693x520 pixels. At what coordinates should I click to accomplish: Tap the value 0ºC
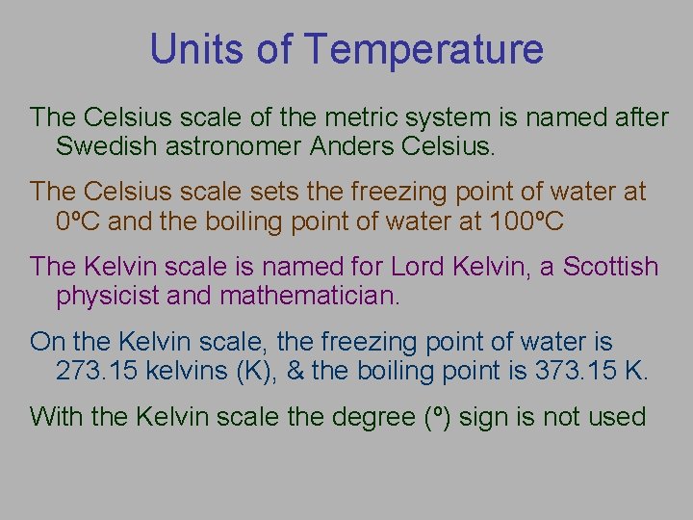click(x=82, y=221)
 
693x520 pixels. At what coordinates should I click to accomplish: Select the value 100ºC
click(x=526, y=221)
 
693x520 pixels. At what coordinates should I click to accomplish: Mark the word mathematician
click(x=309, y=296)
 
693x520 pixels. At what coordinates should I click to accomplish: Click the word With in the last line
click(x=55, y=416)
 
